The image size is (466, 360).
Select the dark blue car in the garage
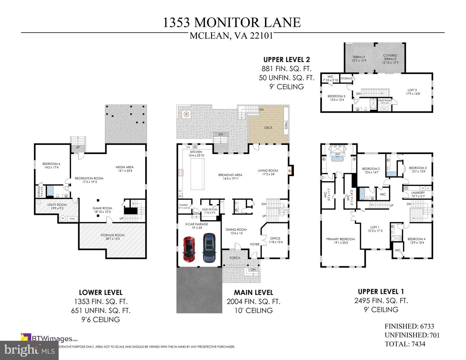pyautogui.click(x=209, y=248)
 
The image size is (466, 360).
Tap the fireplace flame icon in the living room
pyautogui.click(x=290, y=169)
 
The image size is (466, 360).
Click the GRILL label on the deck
pyautogui.click(x=286, y=125)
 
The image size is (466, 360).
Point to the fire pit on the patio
pyautogui.click(x=186, y=114)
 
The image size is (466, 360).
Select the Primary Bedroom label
pyautogui.click(x=340, y=239)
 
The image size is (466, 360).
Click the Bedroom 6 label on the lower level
pyautogui.click(x=51, y=164)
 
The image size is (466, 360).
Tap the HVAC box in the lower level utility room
pyautogui.click(x=72, y=219)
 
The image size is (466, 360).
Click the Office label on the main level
pyautogui.click(x=275, y=238)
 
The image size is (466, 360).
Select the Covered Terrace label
pyautogui.click(x=390, y=57)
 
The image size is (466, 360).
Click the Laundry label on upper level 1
pyautogui.click(x=418, y=193)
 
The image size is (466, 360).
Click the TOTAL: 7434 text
pyautogui.click(x=405, y=344)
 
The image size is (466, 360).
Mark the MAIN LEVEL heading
pyautogui.click(x=253, y=292)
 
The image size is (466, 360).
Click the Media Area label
pyautogui.click(x=125, y=167)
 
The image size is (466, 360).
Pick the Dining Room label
pyautogui.click(x=236, y=230)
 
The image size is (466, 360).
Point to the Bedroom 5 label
pyautogui.click(x=336, y=96)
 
